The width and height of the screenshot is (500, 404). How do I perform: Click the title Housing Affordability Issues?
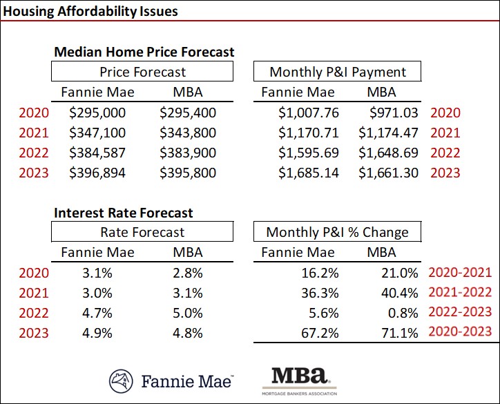click(x=90, y=11)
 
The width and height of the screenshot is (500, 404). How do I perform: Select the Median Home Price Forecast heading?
click(x=144, y=52)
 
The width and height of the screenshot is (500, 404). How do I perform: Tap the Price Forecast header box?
click(x=142, y=72)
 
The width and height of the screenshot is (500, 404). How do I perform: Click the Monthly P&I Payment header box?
click(x=337, y=72)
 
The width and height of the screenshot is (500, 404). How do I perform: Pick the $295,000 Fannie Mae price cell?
click(x=97, y=113)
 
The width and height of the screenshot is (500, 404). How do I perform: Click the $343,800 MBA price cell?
click(x=188, y=133)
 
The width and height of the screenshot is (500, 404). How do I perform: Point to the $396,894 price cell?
click(x=97, y=173)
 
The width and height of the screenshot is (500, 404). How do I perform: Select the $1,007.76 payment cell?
click(x=309, y=113)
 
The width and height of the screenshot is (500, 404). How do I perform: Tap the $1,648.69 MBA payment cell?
click(x=389, y=153)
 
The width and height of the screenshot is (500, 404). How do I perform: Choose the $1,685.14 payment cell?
click(x=309, y=173)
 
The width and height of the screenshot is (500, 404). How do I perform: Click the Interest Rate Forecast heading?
click(x=124, y=213)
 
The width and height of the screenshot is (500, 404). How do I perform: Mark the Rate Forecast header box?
click(x=142, y=233)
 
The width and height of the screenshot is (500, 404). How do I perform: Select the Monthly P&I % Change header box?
click(x=337, y=233)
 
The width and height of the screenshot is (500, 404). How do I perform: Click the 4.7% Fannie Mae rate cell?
click(x=97, y=313)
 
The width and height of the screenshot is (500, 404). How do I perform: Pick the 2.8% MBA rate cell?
click(x=188, y=273)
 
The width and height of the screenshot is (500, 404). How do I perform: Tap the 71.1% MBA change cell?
click(x=399, y=333)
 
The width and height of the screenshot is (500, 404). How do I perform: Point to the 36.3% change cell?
click(x=321, y=293)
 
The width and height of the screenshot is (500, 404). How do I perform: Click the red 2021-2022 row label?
click(x=460, y=293)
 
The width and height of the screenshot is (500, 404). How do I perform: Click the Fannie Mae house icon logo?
click(x=122, y=381)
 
